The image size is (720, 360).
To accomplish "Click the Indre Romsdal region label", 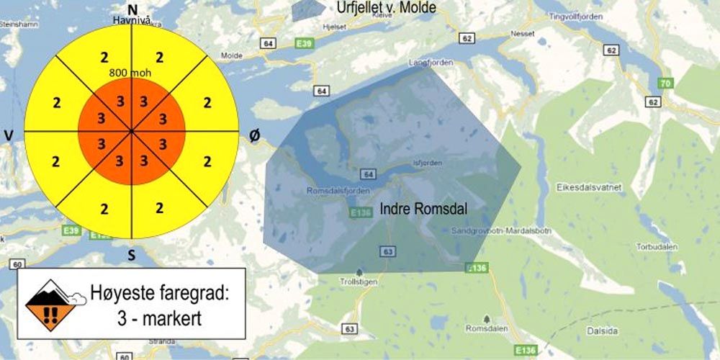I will (424, 209).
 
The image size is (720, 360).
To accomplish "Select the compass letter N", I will (132, 9).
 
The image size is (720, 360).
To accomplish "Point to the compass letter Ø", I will (253, 135).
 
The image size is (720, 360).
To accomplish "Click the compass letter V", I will (9, 136).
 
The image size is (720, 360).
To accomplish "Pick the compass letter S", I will (131, 254).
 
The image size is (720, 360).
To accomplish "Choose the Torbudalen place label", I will (654, 246).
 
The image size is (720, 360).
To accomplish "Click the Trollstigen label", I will (359, 282).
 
